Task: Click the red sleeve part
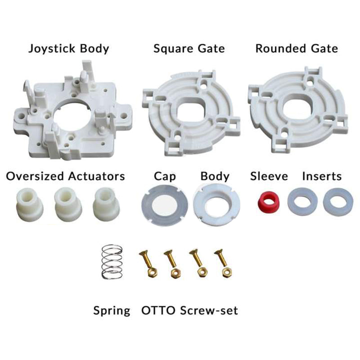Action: point(268,201)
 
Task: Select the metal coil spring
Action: point(112,262)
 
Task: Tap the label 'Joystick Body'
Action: point(69,49)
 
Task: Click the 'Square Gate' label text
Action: point(189,49)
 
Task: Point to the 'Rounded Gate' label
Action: point(297,49)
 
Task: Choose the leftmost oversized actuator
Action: point(30,204)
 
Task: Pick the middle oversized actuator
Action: point(68,204)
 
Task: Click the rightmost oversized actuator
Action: point(106,204)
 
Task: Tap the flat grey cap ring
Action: point(164,205)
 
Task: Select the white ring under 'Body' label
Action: point(216,205)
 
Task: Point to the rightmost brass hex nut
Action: point(227,273)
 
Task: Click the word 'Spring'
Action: point(112,311)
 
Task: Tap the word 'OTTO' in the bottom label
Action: point(158,310)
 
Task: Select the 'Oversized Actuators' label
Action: point(65,176)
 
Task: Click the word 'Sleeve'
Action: point(269,176)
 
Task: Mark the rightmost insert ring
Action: point(338,202)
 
